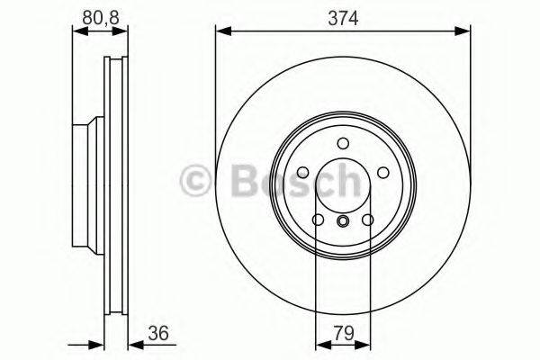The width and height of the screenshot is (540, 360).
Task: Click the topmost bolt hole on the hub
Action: click(343, 144)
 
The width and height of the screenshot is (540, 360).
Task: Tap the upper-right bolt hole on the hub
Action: click(382, 173)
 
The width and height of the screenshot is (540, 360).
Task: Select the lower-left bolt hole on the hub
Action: click(318, 220)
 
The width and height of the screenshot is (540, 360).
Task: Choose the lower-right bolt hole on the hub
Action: click(367, 220)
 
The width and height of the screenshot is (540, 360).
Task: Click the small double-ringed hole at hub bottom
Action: click(343, 222)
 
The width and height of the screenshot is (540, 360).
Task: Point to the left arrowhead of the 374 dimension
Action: click(220, 32)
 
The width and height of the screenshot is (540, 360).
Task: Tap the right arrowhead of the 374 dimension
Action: click(465, 32)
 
